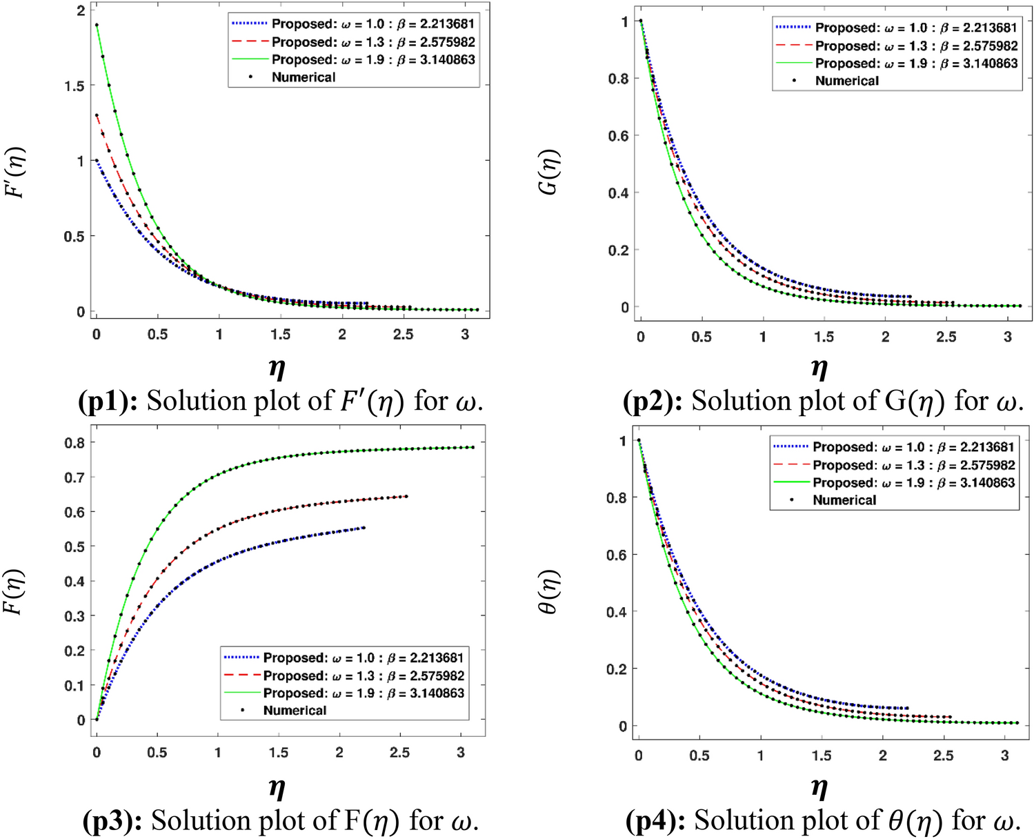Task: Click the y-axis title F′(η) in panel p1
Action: pyautogui.click(x=15, y=172)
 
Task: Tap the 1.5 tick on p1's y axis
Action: pyautogui.click(x=74, y=86)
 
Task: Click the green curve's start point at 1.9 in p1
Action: pyautogui.click(x=97, y=25)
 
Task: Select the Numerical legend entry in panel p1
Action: pyautogui.click(x=303, y=77)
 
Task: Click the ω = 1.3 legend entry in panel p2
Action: pyautogui.click(x=915, y=46)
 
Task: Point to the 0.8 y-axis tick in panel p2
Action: pyautogui.click(x=618, y=79)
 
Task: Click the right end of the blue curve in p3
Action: pyautogui.click(x=364, y=528)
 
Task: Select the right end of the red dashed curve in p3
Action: pyautogui.click(x=406, y=496)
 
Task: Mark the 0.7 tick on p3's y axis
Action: pyautogui.click(x=74, y=477)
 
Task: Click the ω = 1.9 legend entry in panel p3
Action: pyautogui.click(x=364, y=693)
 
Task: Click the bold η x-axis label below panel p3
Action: pyautogui.click(x=277, y=787)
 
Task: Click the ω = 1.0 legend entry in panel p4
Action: pyautogui.click(x=913, y=447)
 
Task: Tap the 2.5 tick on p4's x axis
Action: pyautogui.click(x=943, y=756)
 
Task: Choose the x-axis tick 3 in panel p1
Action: pyautogui.click(x=465, y=335)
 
